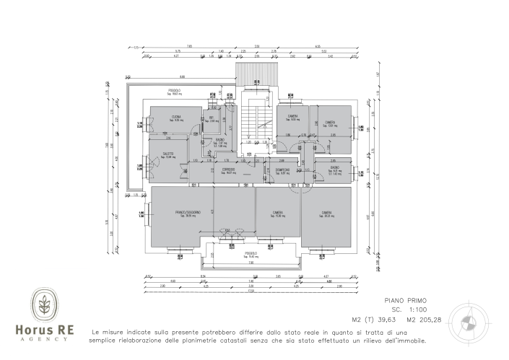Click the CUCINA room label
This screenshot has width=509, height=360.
pyautogui.click(x=175, y=118)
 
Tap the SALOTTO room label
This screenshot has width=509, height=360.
pyautogui.click(x=168, y=154)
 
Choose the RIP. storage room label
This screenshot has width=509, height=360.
pyautogui.click(x=212, y=118)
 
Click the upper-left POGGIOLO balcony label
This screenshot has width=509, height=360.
pyautogui.click(x=173, y=90)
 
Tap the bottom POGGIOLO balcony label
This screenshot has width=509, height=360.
pyautogui.click(x=251, y=254)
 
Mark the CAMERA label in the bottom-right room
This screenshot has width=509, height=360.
pyautogui.click(x=326, y=213)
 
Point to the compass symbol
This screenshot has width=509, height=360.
pyautogui.click(x=471, y=317)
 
